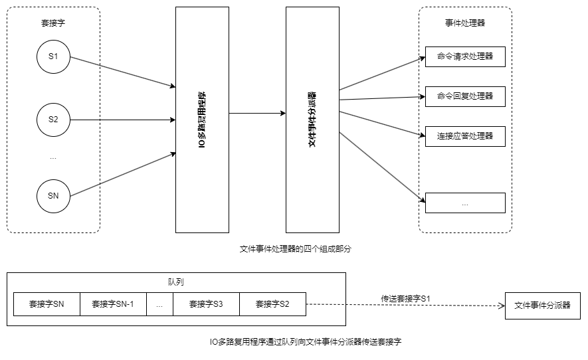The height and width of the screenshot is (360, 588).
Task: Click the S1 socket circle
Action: pos(53,57)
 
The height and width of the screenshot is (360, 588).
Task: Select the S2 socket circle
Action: pos(53,120)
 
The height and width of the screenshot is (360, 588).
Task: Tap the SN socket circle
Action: pos(53,196)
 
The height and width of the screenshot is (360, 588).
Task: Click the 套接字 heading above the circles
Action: pos(53,23)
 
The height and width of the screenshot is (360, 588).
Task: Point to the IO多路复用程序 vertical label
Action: pos(201,120)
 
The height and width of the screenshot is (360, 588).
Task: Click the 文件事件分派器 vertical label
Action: pos(312,120)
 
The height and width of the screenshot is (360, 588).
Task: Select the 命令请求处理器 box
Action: pos(465,57)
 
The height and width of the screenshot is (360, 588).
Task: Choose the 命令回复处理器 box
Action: pos(465,96)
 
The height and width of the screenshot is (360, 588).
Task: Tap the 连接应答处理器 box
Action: pos(465,136)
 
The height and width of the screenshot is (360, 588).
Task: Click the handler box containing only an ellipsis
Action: pos(465,203)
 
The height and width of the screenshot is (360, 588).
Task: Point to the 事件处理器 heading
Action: pos(465,23)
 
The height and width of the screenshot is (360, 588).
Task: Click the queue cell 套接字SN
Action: pos(47,305)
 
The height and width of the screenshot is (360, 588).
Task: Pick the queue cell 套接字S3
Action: pos(206,305)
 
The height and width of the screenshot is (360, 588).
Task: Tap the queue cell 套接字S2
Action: pos(272,305)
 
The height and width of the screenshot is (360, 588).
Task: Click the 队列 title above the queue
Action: pos(176,282)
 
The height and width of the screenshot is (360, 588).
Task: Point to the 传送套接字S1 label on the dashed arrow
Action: pos(405,298)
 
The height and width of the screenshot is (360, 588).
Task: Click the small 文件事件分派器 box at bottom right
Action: pos(543,306)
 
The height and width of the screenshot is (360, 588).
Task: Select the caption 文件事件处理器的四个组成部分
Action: pos(294,249)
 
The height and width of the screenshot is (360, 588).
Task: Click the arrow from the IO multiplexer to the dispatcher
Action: pos(257,114)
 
